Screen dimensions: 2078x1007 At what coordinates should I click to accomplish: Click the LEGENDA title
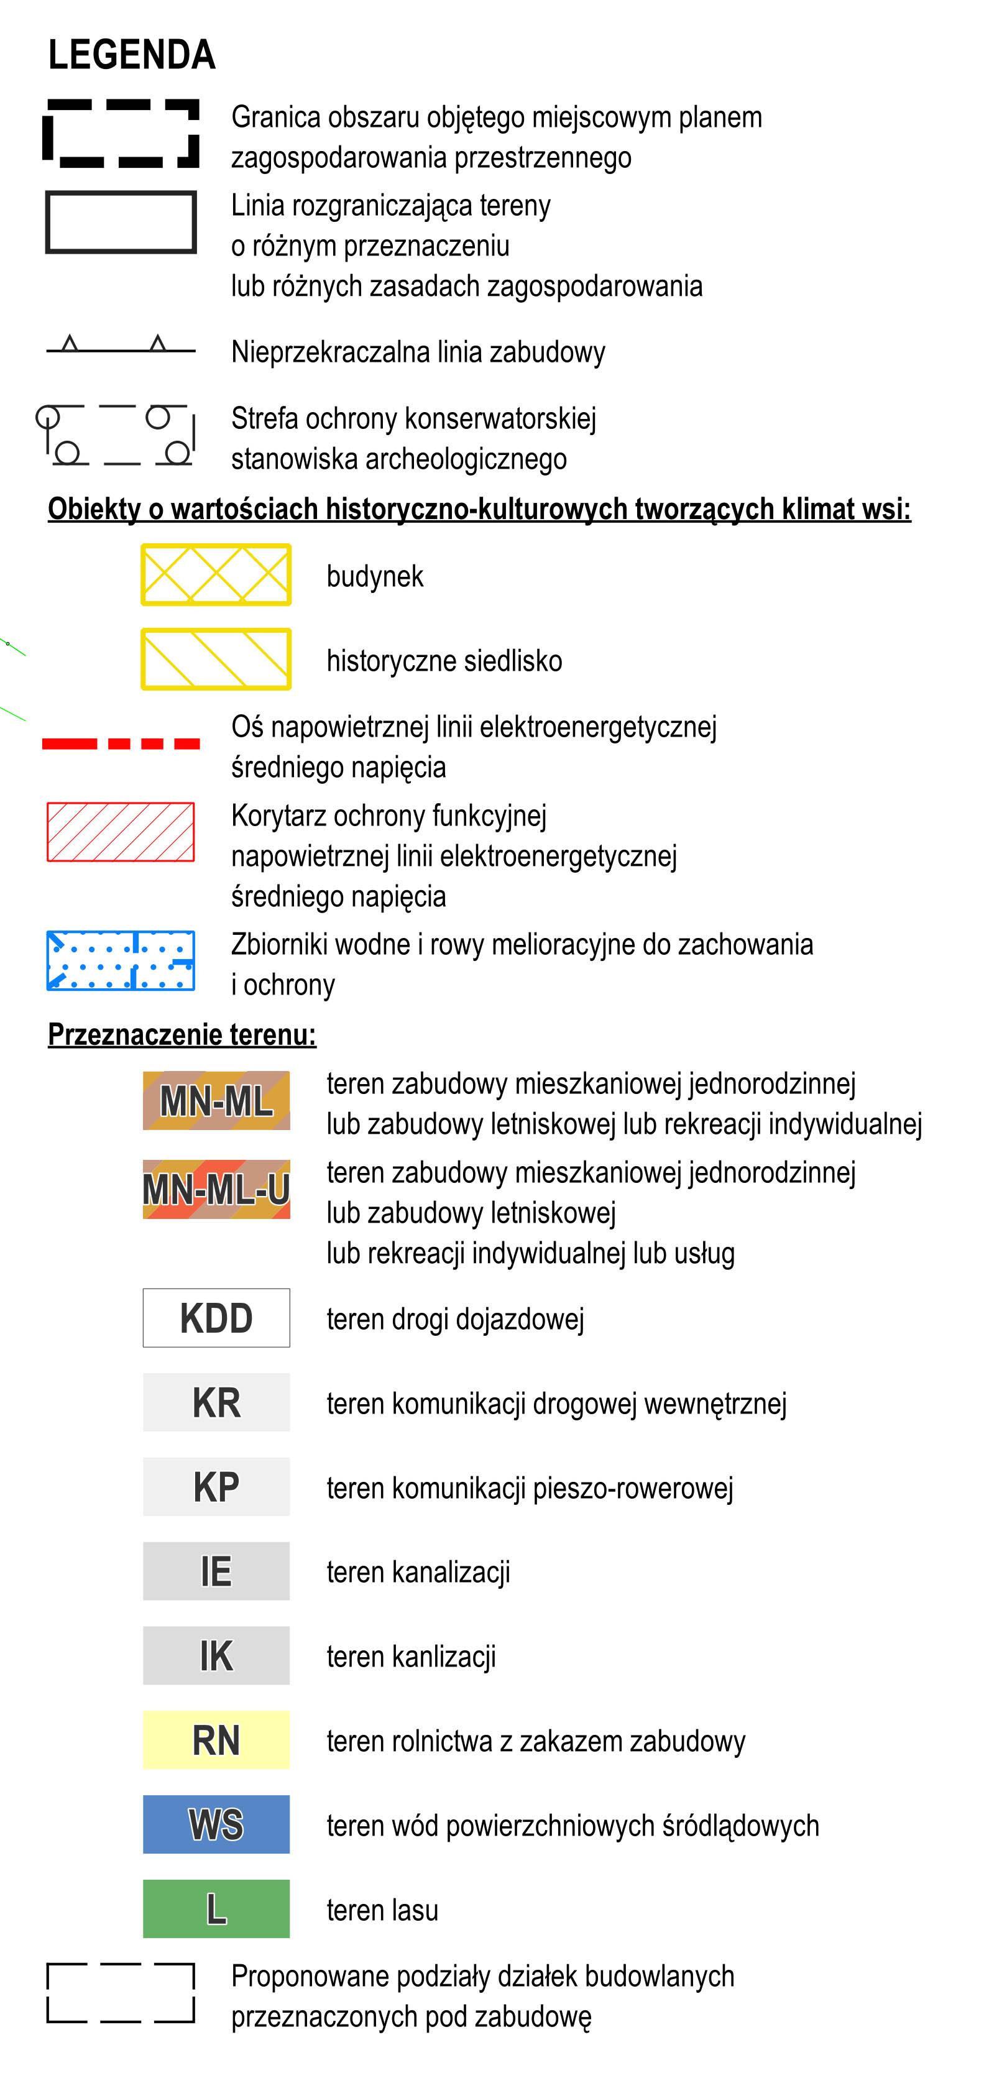tap(132, 55)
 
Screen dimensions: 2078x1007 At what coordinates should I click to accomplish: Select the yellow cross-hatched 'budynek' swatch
tap(216, 574)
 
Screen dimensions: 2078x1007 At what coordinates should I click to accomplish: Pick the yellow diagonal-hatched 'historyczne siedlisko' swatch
tap(216, 659)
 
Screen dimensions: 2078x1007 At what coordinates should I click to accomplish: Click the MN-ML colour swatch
tap(216, 1100)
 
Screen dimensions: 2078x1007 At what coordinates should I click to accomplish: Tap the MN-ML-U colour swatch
tap(216, 1189)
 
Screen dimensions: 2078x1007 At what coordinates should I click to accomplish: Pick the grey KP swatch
tap(216, 1487)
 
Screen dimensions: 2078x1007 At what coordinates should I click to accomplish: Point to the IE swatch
tap(216, 1571)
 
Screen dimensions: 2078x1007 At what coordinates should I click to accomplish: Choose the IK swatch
tap(216, 1655)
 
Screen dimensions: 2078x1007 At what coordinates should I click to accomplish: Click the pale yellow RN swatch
tap(216, 1740)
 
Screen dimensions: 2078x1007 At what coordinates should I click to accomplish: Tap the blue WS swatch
tap(216, 1825)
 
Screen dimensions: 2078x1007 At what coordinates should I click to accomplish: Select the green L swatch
tap(216, 1908)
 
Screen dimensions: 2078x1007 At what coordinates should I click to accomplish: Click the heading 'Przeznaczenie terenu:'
tap(182, 1034)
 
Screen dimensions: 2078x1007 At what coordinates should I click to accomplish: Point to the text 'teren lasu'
tap(382, 1910)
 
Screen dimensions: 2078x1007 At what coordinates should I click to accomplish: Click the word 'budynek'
tap(374, 576)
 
